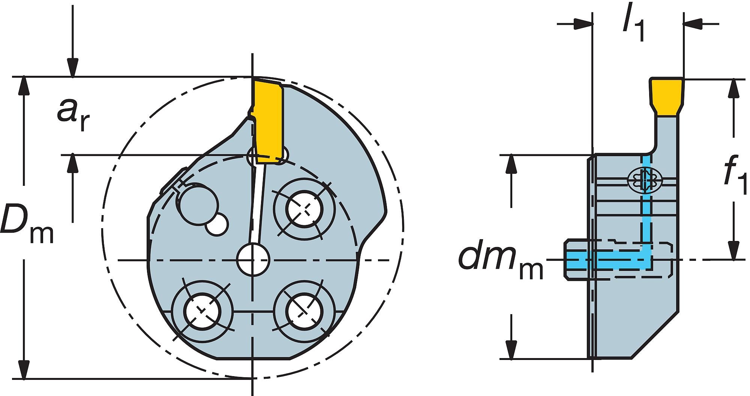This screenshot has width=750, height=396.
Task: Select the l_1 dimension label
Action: (x=633, y=27)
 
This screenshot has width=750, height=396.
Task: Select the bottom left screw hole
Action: (x=202, y=310)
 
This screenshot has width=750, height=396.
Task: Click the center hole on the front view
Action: (x=253, y=260)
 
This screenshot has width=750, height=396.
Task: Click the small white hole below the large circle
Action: (x=217, y=225)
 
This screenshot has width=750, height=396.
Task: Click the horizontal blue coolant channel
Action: (x=607, y=260)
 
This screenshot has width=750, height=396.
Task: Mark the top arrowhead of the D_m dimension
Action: (x=24, y=84)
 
